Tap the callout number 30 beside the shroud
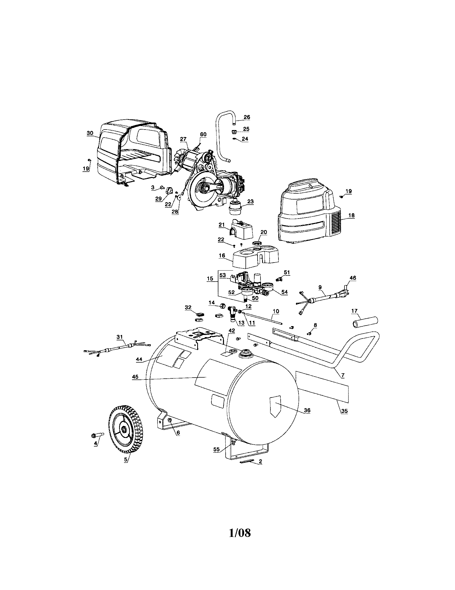click(x=90, y=133)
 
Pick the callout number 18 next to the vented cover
click(x=351, y=215)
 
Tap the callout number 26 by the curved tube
click(x=247, y=117)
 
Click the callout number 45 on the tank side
click(x=135, y=377)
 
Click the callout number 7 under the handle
click(x=343, y=375)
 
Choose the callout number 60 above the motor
click(x=203, y=134)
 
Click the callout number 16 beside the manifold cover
click(x=222, y=256)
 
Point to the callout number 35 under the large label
click(x=344, y=419)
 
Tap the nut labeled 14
click(x=223, y=306)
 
